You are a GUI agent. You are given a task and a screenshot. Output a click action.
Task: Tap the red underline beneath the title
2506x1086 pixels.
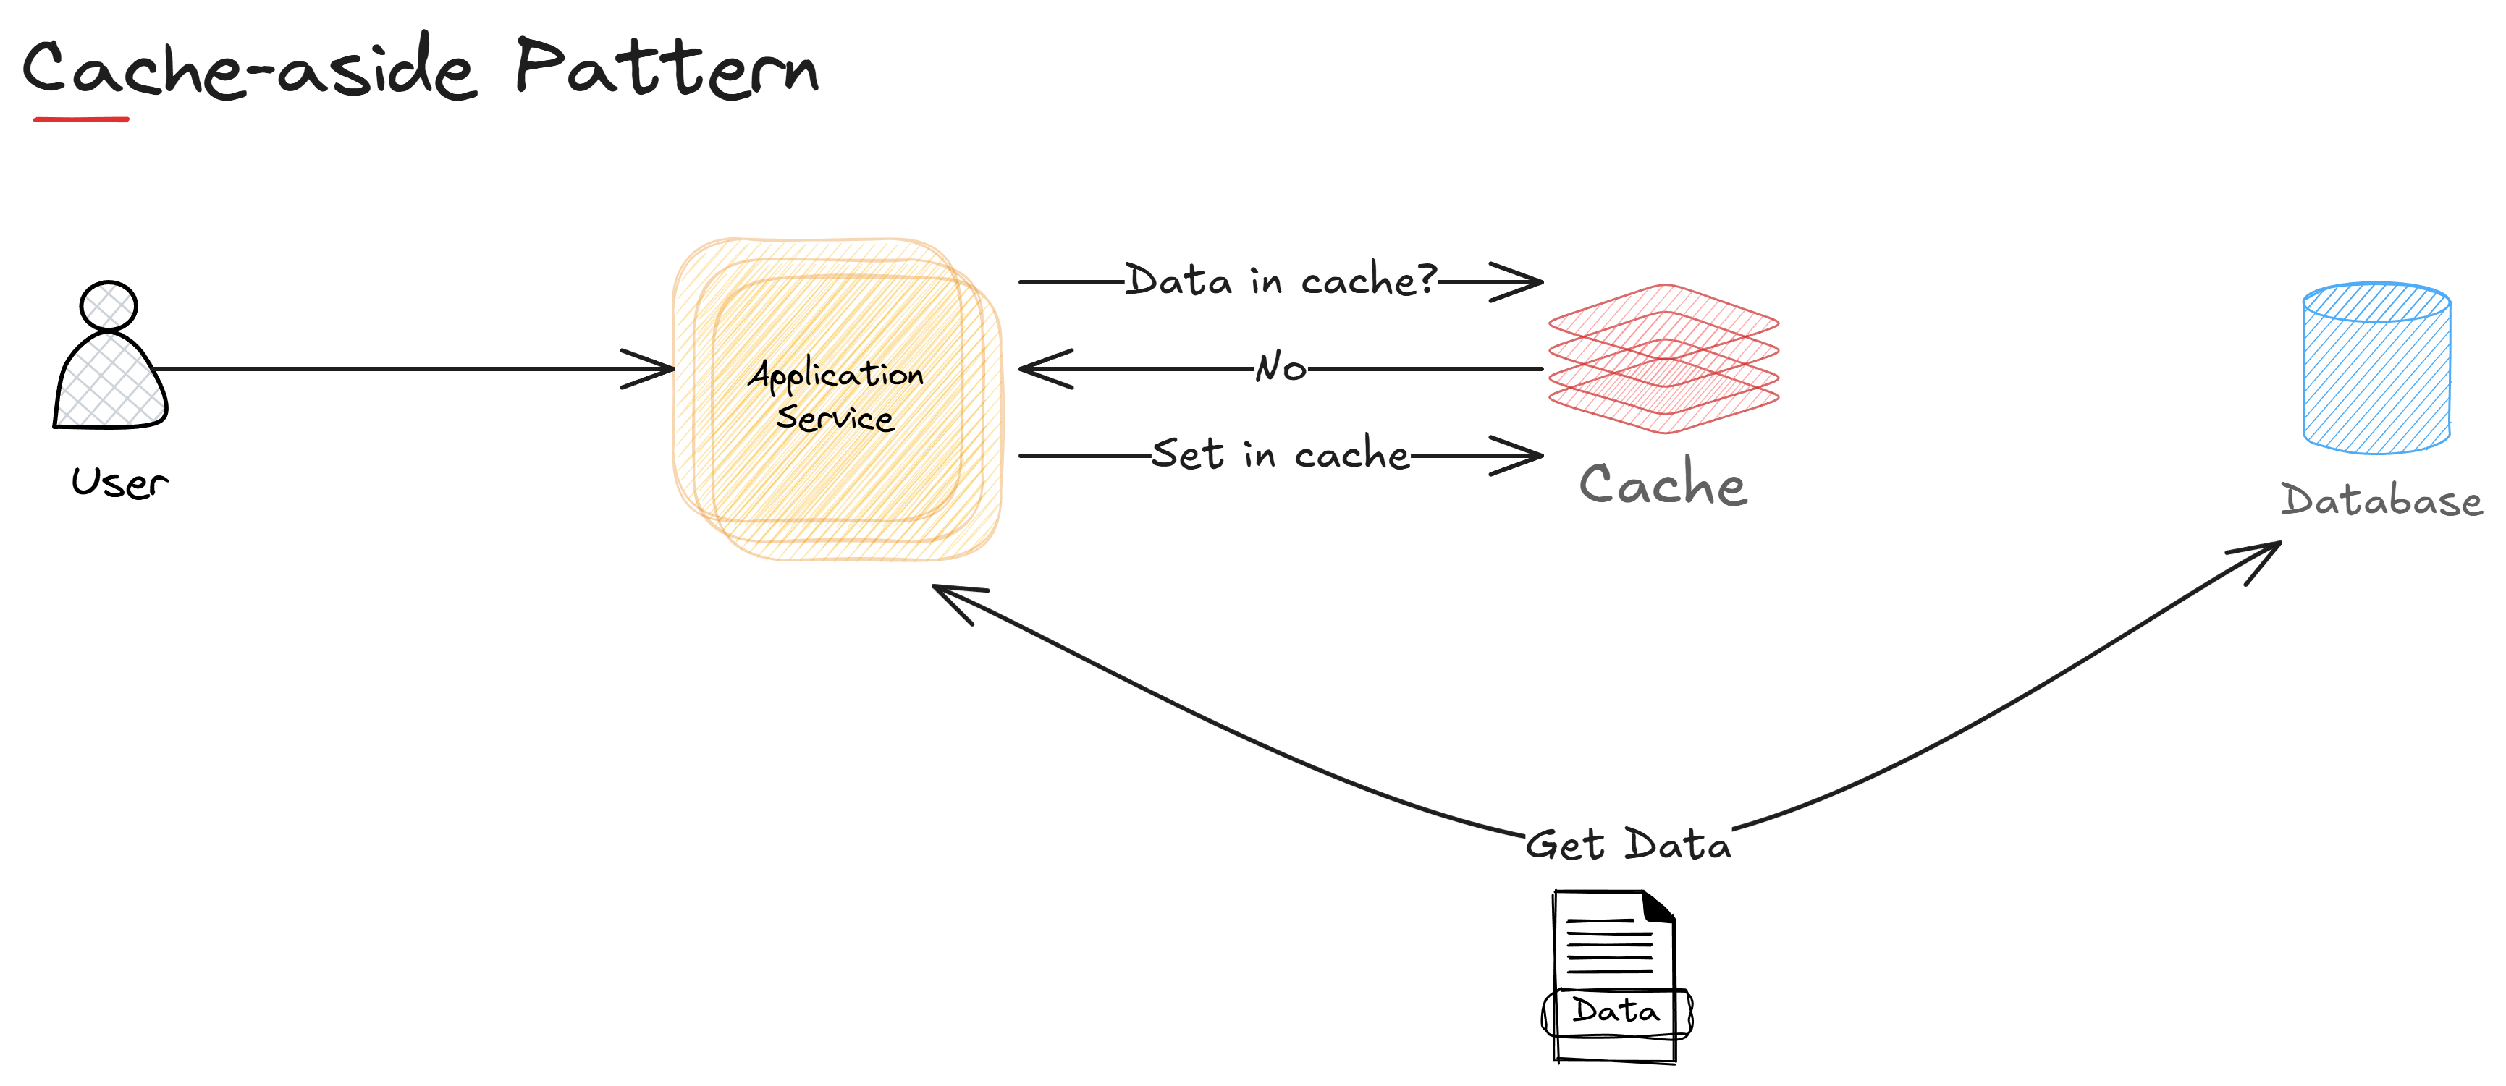coord(81,119)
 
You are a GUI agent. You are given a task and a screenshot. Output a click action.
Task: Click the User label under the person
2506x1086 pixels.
coord(119,483)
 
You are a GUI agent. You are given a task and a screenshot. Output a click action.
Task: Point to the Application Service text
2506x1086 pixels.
coord(835,396)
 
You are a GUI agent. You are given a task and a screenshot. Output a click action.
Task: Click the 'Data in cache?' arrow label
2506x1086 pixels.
coord(1281,281)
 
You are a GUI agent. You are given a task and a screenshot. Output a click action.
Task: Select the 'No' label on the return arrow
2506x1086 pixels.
coord(1281,368)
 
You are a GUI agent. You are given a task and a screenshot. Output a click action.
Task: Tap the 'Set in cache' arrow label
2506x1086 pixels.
coord(1281,454)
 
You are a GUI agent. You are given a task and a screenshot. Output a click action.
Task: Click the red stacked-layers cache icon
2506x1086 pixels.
coord(1663,359)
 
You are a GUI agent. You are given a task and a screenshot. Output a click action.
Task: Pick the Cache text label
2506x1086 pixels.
coord(1663,484)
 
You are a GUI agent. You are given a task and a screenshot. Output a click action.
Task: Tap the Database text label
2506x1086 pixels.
coord(2381,501)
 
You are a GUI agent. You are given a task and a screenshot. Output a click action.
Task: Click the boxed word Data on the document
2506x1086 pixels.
coord(1616,1012)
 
